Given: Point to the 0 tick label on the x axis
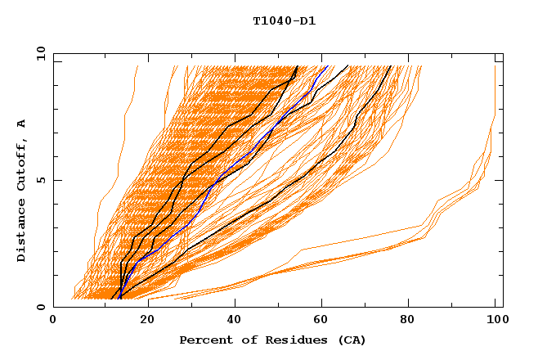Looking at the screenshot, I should click(x=53, y=320).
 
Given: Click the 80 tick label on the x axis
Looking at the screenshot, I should click(x=415, y=320).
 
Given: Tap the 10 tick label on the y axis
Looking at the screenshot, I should click(x=38, y=53).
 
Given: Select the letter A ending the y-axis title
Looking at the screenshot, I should click(x=21, y=123).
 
